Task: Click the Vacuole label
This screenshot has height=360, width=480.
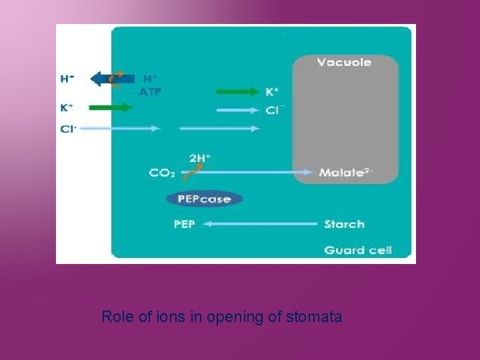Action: click(x=344, y=63)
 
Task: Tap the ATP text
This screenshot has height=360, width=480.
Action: click(x=150, y=92)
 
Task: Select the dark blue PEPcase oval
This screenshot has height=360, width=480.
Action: click(x=204, y=199)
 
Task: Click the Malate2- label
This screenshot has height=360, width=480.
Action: click(x=346, y=173)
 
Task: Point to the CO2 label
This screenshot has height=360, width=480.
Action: click(x=162, y=173)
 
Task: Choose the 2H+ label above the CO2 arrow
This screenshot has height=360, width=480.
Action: click(x=199, y=159)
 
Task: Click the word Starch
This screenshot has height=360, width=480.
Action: click(x=344, y=224)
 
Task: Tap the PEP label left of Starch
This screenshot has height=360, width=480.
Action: click(x=184, y=224)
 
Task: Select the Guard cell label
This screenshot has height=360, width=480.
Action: click(x=358, y=250)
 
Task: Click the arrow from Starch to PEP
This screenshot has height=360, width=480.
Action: click(x=260, y=225)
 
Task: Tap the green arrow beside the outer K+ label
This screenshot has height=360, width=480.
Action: click(x=111, y=107)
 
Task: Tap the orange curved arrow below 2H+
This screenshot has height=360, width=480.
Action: click(x=191, y=174)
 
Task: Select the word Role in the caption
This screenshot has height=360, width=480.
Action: click(x=115, y=317)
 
